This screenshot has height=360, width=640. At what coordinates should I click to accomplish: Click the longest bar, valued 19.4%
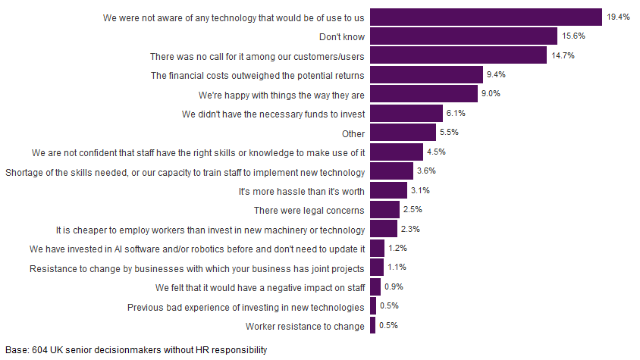(x=486, y=17)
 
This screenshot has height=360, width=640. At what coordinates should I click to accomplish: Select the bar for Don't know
(x=463, y=36)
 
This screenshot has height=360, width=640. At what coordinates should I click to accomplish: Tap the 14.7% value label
(x=562, y=55)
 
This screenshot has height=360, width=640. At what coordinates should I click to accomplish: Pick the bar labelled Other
(x=403, y=133)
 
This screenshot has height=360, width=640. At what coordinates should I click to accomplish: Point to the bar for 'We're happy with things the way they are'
(x=425, y=94)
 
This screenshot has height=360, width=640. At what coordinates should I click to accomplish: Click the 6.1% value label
(x=456, y=114)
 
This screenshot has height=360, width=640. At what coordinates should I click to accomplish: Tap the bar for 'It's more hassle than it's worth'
(x=388, y=191)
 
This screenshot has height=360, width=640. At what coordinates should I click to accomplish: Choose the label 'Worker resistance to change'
(x=306, y=326)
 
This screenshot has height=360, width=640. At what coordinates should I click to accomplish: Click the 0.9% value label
(x=394, y=287)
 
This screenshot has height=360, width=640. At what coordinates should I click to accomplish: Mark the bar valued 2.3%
(x=383, y=230)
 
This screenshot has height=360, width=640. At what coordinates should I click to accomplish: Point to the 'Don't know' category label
(x=343, y=36)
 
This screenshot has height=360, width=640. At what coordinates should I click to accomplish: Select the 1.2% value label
(x=398, y=249)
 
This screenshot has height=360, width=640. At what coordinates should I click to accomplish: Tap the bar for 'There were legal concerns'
(x=384, y=210)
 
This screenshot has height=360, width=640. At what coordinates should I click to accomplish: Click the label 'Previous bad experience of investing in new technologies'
(x=246, y=307)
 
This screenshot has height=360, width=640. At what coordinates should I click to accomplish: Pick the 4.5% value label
(x=437, y=152)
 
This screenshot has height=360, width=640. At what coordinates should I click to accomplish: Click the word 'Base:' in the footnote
(x=16, y=350)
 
